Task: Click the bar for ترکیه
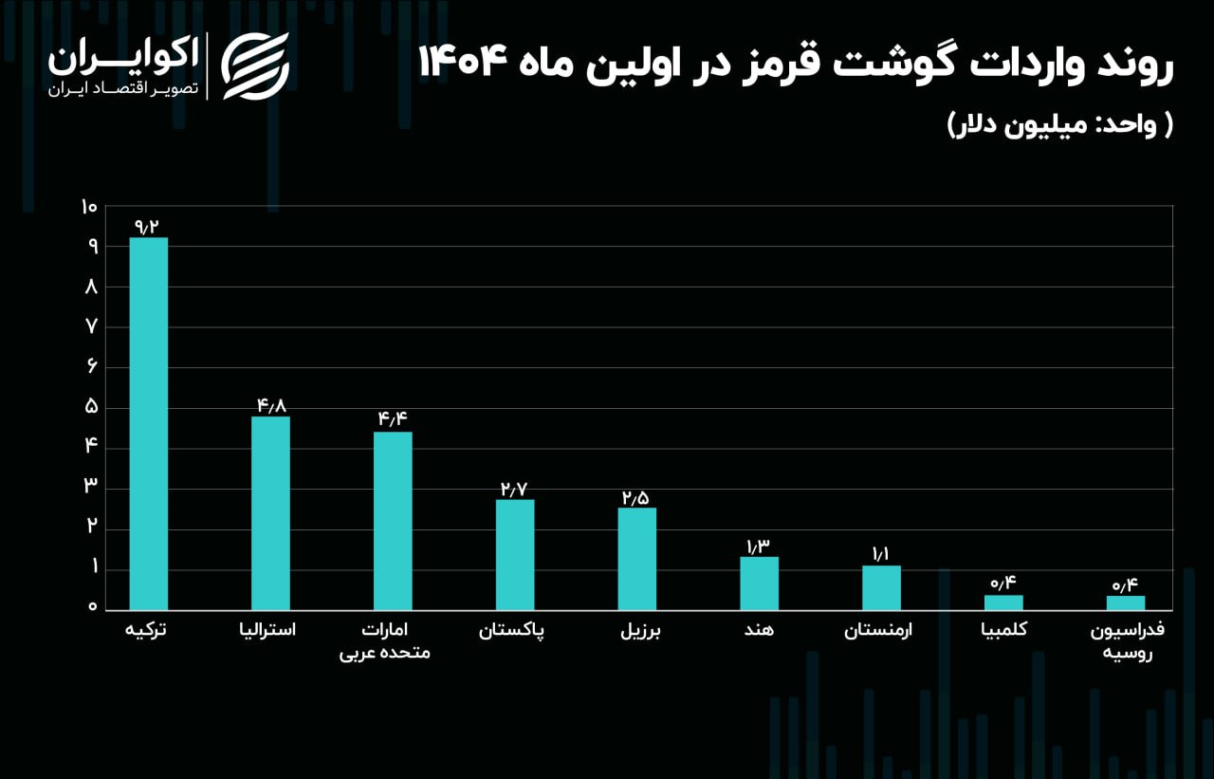[x=148, y=423]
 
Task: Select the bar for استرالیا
[x=270, y=512]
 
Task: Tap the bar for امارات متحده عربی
[x=393, y=520]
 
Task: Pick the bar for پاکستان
[x=515, y=554]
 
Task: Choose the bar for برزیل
[x=636, y=558]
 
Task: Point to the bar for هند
[x=759, y=583]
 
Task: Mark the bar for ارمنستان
[x=881, y=587]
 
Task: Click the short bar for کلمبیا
[x=1003, y=603]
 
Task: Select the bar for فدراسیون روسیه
[x=1126, y=603]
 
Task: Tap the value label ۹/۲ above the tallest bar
[x=148, y=226]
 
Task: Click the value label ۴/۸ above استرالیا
[x=270, y=405]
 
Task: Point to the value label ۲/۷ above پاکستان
[x=515, y=489]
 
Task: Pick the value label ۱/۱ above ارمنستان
[x=881, y=554]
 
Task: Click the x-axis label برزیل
[x=640, y=631]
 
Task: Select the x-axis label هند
[x=760, y=630]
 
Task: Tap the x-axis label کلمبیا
[x=1005, y=630]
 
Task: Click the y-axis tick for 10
[x=90, y=207]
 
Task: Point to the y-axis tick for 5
[x=92, y=407]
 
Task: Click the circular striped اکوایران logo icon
[x=255, y=65]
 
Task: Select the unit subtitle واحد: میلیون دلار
[x=1059, y=125]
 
